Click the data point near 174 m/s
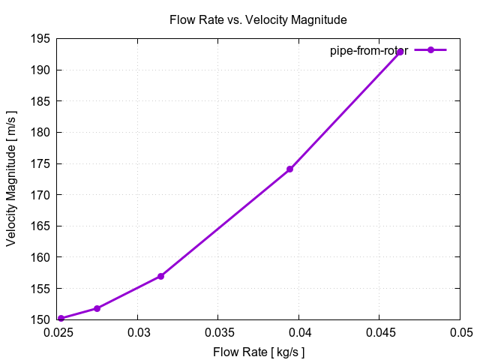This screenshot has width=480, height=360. pos(289,169)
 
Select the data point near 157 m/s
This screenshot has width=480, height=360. pos(160,276)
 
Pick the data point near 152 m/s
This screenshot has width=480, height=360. pos(97,308)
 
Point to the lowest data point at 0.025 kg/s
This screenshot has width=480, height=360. pos(61,319)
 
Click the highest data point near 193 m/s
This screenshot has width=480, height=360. pos(400,52)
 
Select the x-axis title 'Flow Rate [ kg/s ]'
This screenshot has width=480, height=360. pos(259,351)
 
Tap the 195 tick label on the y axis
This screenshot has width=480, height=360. pos(41,39)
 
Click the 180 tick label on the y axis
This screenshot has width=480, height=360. pos(41,133)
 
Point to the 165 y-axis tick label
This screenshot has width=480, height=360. pos(41,226)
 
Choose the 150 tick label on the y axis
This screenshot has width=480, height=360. pos(41,319)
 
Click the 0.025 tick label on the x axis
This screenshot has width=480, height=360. pos(57,331)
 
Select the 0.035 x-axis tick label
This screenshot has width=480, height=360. pos(217,331)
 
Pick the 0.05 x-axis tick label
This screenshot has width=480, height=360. pos(460,331)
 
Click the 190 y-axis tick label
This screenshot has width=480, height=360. pos(41,70)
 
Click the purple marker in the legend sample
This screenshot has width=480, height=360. pos(430,50)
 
